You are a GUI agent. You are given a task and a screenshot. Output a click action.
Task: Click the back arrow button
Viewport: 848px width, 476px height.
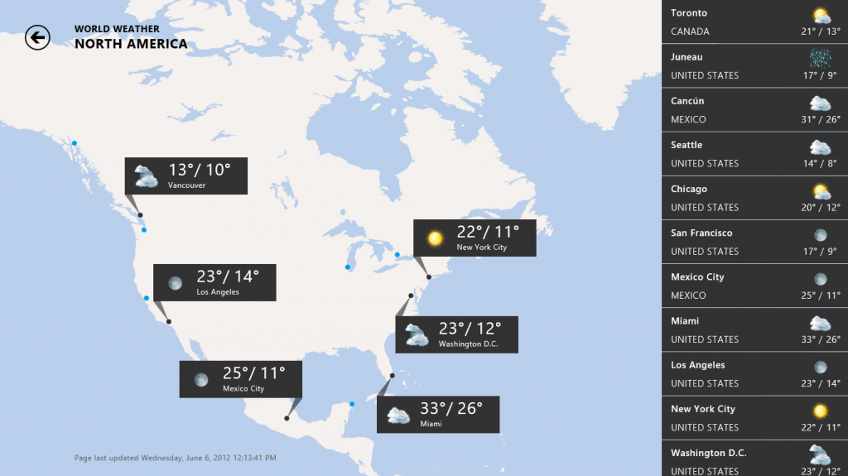point(37,37)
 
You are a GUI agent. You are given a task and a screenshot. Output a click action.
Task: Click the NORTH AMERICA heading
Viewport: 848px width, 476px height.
point(131,44)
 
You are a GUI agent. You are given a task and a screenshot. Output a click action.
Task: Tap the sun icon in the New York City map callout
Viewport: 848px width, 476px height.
point(435,238)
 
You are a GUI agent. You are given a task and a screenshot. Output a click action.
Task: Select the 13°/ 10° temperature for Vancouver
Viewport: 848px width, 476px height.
point(200,171)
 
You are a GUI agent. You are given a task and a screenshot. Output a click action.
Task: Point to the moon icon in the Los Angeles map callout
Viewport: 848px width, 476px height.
point(175,283)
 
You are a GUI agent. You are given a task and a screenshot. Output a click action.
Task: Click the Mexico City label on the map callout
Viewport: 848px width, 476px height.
point(243,388)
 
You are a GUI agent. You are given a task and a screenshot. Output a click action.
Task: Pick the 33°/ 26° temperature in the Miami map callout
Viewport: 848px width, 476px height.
point(450,408)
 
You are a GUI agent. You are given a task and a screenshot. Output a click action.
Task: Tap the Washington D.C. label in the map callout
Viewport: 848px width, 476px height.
point(468,344)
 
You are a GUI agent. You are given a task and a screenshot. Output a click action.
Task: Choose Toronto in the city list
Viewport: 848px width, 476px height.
point(689,13)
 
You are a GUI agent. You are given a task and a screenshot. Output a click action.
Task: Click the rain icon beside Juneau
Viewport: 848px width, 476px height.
point(820,58)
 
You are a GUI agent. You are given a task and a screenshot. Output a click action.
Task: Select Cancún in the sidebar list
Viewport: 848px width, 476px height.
point(687,101)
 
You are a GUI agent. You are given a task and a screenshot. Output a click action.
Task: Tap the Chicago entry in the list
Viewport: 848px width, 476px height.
point(689,189)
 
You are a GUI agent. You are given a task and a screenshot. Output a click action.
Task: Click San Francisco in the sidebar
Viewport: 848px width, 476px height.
point(701,233)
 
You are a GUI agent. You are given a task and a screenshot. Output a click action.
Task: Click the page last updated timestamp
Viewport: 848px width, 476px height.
point(176,458)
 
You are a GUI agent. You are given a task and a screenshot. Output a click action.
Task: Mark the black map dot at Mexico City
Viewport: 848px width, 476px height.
point(287,418)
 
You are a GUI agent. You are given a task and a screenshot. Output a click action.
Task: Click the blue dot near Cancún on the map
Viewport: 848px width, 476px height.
point(352,404)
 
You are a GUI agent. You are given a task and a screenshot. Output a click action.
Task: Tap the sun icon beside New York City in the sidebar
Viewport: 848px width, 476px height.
point(820,410)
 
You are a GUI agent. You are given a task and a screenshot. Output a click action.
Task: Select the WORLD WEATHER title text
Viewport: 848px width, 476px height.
point(117,29)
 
